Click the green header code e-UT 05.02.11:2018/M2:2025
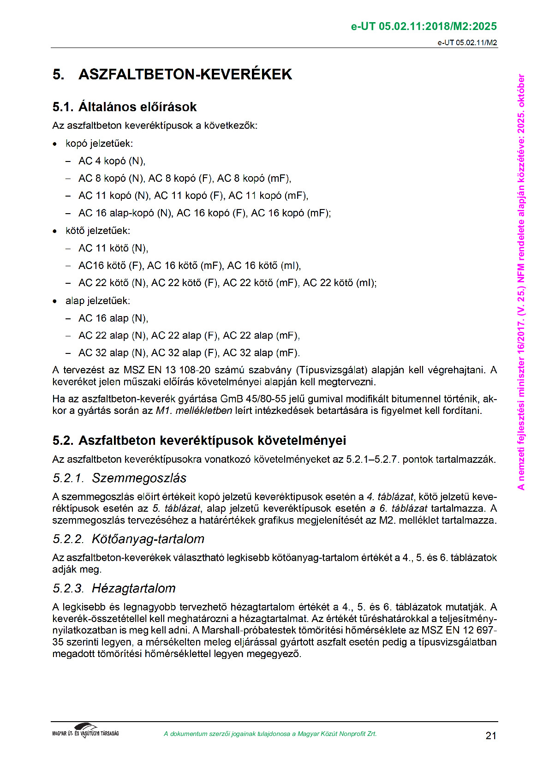424,26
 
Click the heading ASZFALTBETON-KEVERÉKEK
185,74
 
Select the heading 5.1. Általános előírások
124,107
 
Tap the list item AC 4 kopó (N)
112,161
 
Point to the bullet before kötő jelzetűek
55,231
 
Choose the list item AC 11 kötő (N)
113,248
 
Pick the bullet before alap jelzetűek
55,301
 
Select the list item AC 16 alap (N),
113,318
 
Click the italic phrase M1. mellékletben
194,411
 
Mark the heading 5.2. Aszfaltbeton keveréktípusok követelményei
199,441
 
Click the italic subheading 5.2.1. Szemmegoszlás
119,478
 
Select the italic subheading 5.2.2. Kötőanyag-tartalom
128,539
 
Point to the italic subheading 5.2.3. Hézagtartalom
114,588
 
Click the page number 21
491,735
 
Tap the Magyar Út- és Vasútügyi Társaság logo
85,731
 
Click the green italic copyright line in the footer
270,734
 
